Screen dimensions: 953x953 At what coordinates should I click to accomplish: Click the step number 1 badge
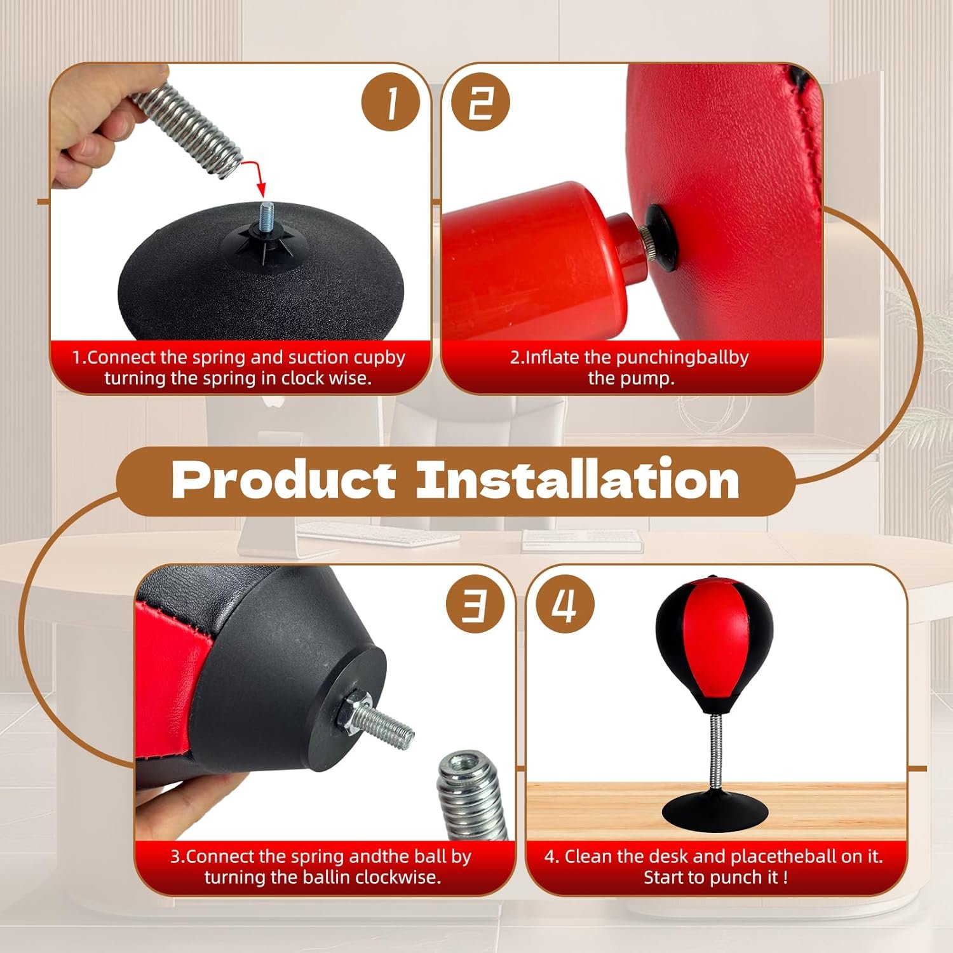click(391, 102)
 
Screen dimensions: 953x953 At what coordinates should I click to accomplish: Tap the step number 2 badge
click(480, 102)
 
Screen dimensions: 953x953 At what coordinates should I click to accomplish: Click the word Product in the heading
click(284, 480)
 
